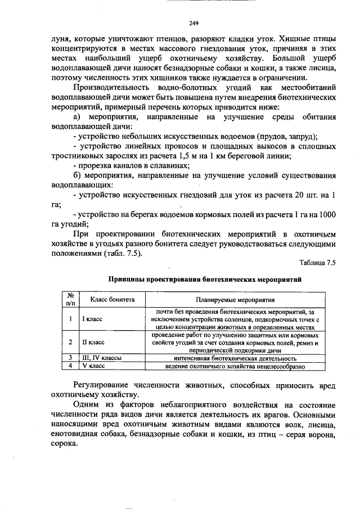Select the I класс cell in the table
[x=92, y=319]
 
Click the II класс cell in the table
[x=93, y=342]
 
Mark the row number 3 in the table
[x=71, y=358]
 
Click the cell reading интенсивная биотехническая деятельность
[x=235, y=358]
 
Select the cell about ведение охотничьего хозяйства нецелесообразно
[x=235, y=366]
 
